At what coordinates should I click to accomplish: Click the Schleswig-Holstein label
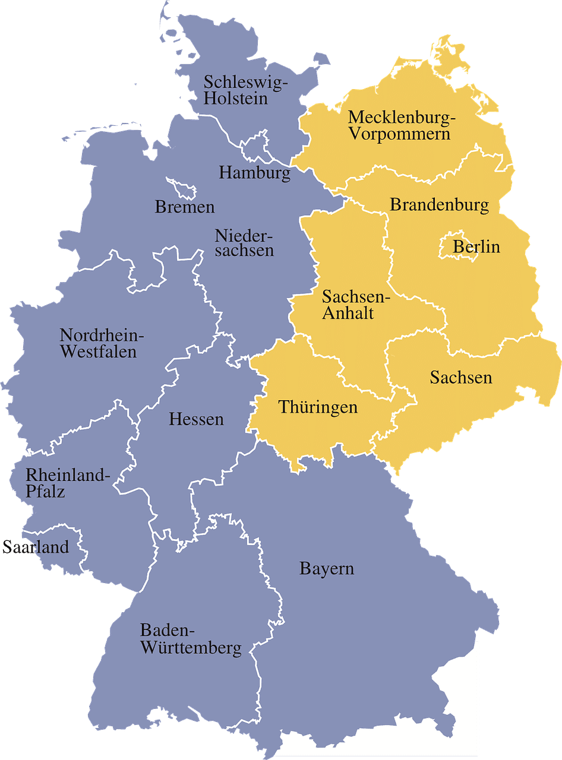click(245, 90)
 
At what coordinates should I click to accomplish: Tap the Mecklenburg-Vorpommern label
click(401, 125)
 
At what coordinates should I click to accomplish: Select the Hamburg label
click(255, 173)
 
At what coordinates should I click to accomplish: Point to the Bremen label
click(184, 207)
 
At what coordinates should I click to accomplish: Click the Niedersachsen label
click(244, 243)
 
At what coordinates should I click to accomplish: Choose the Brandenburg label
click(439, 205)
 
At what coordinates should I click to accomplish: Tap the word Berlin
click(476, 246)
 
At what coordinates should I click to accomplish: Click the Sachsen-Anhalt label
click(355, 305)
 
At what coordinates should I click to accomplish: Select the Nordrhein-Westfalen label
click(102, 343)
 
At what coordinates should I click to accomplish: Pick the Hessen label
click(196, 419)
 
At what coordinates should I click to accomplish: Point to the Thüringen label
click(318, 407)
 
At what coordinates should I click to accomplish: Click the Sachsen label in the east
click(461, 377)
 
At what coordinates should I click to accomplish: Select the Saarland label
click(36, 547)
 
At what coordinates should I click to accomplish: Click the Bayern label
click(326, 569)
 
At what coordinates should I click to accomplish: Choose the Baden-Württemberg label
click(190, 639)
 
